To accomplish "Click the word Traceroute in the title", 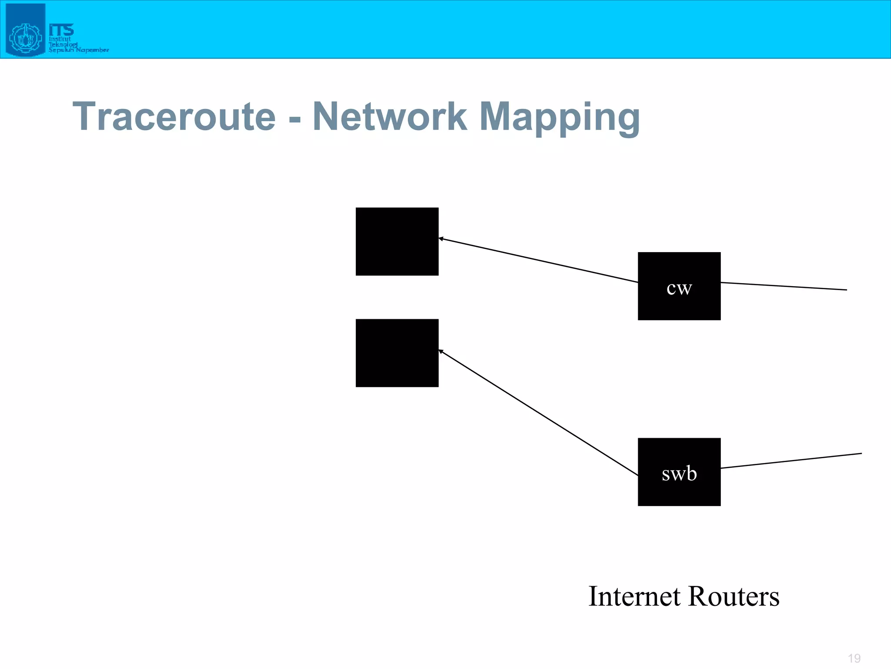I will pyautogui.click(x=174, y=116).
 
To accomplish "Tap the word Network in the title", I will pyautogui.click(x=390, y=116).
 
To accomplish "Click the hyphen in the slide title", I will pyautogui.click(x=295, y=118).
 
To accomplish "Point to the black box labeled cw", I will pyautogui.click(x=679, y=286).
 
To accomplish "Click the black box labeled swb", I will pyautogui.click(x=679, y=472).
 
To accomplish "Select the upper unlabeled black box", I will pyautogui.click(x=397, y=241).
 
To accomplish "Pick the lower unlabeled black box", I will pyautogui.click(x=397, y=353).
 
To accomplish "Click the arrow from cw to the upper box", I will pyautogui.click(x=539, y=260).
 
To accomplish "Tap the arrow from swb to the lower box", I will pyautogui.click(x=539, y=412).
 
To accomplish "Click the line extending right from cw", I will pyautogui.click(x=783, y=286).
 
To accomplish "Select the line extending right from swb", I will pyautogui.click(x=791, y=461).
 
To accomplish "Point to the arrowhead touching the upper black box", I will pyautogui.click(x=441, y=239).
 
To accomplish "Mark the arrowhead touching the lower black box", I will pyautogui.click(x=441, y=351).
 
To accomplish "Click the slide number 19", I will pyautogui.click(x=854, y=658).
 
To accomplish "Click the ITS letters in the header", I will pyautogui.click(x=61, y=30).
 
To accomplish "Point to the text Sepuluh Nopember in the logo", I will pyautogui.click(x=78, y=50).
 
